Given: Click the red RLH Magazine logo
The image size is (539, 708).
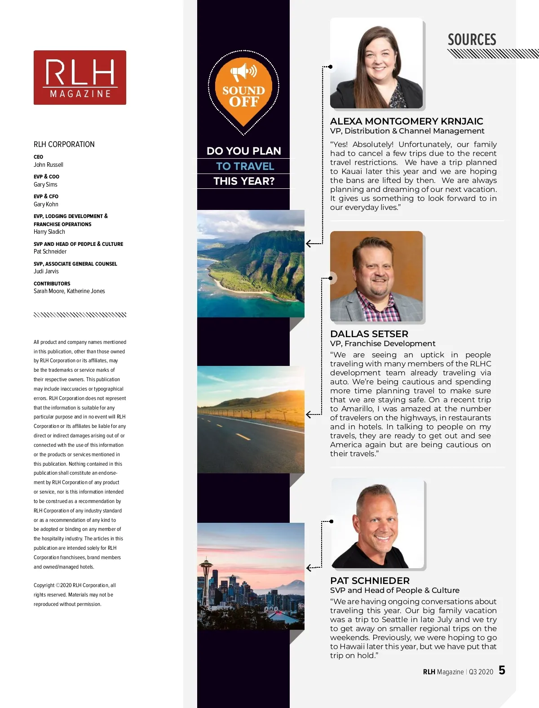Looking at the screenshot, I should [80, 77].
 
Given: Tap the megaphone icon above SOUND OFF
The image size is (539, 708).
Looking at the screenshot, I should [243, 72].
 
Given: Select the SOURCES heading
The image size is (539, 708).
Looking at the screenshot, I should [472, 40].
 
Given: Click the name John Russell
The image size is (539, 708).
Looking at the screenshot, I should [49, 165].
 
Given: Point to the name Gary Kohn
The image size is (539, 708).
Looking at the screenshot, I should [46, 204].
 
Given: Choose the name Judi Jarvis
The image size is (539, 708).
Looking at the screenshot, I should [46, 271].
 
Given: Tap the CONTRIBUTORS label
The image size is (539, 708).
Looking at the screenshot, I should [52, 284].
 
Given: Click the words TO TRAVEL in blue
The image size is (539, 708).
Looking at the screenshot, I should [245, 166].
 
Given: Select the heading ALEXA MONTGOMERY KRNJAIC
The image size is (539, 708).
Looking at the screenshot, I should [406, 121].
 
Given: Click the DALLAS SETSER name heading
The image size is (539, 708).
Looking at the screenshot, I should [369, 334].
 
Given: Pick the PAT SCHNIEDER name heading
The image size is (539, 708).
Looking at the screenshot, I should [370, 581].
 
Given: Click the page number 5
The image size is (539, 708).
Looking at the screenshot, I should [502, 670].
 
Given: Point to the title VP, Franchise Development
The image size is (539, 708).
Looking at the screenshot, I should [383, 343].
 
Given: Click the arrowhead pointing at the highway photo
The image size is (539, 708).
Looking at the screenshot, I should [309, 414].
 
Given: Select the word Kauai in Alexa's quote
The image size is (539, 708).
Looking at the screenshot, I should [352, 171].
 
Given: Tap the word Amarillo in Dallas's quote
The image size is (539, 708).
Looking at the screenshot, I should [358, 409].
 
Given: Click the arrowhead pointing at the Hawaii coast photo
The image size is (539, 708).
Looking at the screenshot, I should [309, 244].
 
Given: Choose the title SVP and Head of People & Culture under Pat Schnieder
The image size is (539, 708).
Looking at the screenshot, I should [394, 590].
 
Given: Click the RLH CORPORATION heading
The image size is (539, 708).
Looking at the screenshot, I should [64, 144].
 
